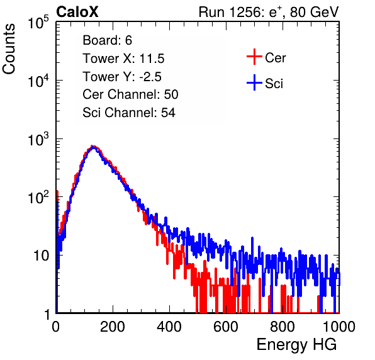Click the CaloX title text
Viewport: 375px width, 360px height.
coord(77,12)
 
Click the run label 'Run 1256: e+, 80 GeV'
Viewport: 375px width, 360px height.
coord(269,12)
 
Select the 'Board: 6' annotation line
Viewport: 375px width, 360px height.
coord(107,40)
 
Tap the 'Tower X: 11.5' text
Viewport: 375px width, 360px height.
coord(123,59)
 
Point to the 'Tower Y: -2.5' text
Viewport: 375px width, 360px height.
coord(122,77)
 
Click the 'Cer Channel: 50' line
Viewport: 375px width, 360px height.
coord(130,94)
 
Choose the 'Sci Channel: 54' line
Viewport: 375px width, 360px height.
coord(129,113)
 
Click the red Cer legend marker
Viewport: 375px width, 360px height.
coord(254,57)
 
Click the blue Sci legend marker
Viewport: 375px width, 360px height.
coord(254,83)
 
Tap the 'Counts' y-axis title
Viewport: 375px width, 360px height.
coord(9,48)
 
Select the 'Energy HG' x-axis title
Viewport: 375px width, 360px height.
coord(296,345)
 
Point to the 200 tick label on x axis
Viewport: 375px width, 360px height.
coord(113,327)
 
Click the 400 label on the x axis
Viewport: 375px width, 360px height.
coord(169,327)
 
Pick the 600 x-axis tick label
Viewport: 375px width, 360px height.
coord(226,327)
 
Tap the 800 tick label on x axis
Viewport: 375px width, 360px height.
coord(283,327)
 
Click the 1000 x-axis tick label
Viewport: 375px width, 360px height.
coord(339,327)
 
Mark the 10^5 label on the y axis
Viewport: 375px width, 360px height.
coord(38,23)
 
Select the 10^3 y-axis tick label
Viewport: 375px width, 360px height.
coord(38,140)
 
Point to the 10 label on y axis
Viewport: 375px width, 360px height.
coord(41,256)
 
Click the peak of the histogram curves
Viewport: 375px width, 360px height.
coord(93,147)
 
